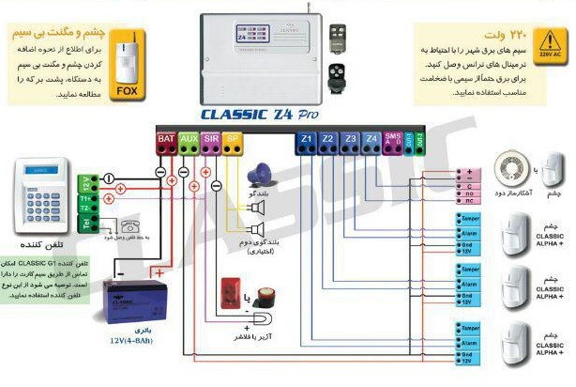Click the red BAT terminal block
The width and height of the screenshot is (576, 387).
click(x=165, y=139)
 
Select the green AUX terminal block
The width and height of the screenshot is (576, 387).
click(x=189, y=139)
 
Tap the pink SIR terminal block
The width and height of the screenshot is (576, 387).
click(x=211, y=139)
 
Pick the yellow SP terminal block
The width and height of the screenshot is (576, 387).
click(x=234, y=139)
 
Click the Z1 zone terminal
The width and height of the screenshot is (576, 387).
click(x=306, y=140)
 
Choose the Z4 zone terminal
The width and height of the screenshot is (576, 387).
click(x=371, y=140)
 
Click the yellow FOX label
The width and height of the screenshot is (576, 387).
click(x=125, y=91)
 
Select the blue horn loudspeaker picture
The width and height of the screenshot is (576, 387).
click(x=259, y=176)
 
